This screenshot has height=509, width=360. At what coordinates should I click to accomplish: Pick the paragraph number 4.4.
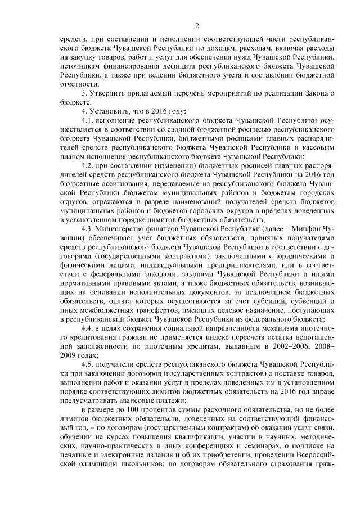[x=88, y=327]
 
